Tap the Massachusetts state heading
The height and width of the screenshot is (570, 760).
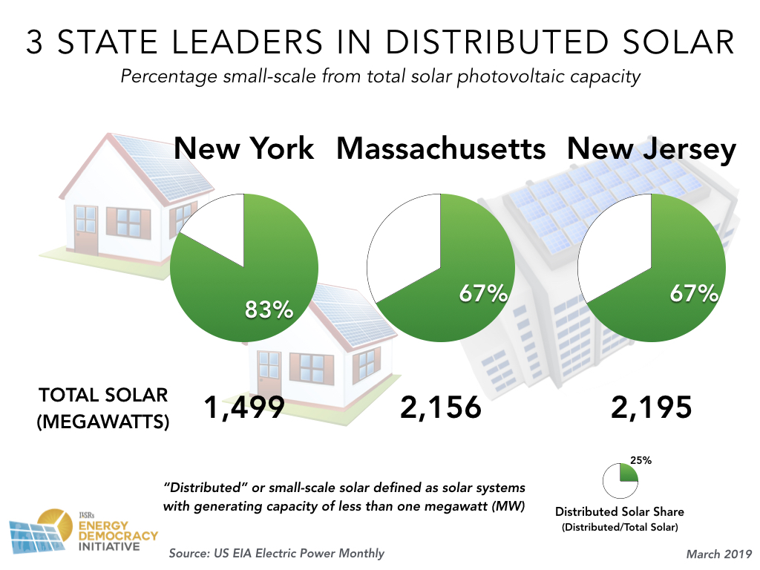[x=441, y=148]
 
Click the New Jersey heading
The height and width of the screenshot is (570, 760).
[x=652, y=148]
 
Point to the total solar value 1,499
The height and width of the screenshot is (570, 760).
[x=244, y=407]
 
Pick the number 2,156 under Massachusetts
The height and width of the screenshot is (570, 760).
[x=441, y=407]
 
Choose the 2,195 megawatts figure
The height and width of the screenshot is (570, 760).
[x=652, y=407]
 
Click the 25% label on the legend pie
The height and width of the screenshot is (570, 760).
[x=641, y=460]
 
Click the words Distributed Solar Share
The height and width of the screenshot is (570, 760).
[x=620, y=511]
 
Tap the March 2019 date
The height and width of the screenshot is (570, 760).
[x=718, y=554]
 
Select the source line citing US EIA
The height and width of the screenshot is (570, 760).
[x=276, y=553]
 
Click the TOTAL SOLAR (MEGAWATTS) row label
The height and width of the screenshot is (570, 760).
[x=103, y=408]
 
